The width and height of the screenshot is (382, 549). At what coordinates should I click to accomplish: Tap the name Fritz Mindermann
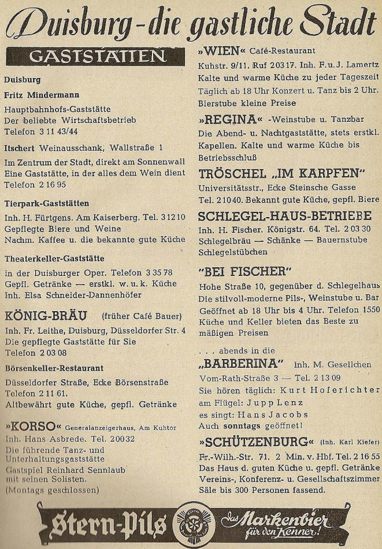click(42, 94)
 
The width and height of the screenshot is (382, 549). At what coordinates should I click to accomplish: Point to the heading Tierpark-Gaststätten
click(46, 203)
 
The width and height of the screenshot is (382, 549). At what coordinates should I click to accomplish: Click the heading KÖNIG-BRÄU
click(45, 316)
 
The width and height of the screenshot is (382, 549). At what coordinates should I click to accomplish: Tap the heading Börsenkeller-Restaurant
click(54, 368)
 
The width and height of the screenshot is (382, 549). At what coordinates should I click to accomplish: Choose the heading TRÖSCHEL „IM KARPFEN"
click(282, 174)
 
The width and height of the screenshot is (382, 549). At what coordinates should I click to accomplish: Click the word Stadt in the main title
click(338, 24)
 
